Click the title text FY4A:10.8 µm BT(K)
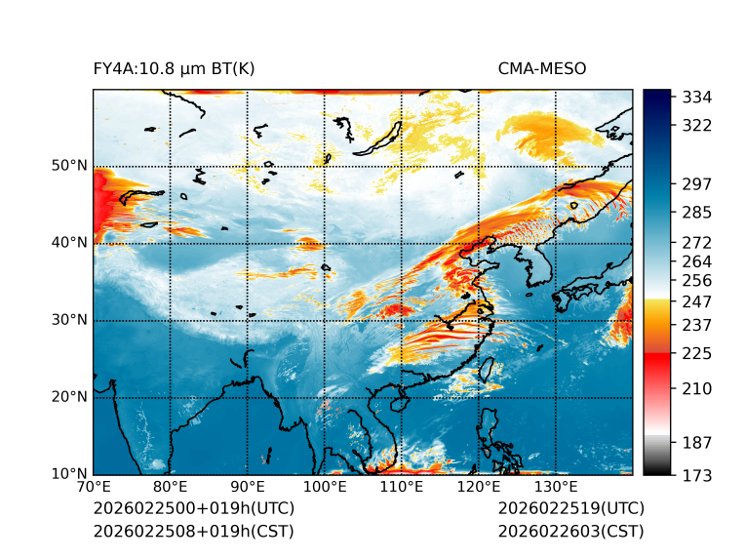point(175,69)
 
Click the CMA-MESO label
point(542,69)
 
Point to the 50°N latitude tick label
point(68,166)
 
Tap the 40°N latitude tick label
point(68,243)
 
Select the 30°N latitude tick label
point(68,320)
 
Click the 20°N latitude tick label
point(68,397)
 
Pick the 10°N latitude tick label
point(68,474)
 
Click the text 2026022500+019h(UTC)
point(193,509)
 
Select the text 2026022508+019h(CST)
point(193,531)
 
